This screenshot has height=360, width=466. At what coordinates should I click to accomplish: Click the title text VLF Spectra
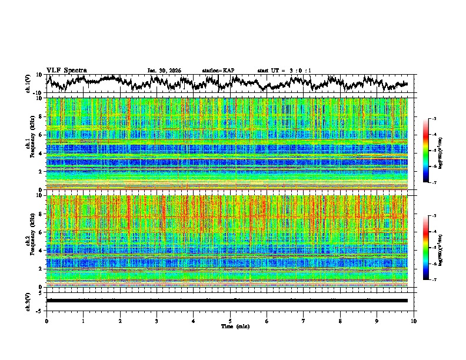pyautogui.click(x=66, y=71)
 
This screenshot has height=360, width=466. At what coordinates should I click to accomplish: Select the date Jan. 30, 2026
pyautogui.click(x=164, y=71)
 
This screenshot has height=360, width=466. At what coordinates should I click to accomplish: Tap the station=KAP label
pyautogui.click(x=218, y=71)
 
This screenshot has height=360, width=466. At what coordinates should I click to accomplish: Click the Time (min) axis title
pyautogui.click(x=235, y=326)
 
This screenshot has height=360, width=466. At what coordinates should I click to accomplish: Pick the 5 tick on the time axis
pyautogui.click(x=230, y=321)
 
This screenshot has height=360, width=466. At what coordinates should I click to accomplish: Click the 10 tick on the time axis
pyautogui.click(x=414, y=321)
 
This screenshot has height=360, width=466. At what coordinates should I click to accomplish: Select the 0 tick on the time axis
pyautogui.click(x=46, y=321)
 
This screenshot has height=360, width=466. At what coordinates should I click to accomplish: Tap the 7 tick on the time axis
pyautogui.click(x=304, y=321)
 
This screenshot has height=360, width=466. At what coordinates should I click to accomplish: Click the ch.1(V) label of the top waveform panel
pyautogui.click(x=28, y=84)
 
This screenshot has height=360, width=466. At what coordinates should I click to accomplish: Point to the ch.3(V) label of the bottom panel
pyautogui.click(x=28, y=301)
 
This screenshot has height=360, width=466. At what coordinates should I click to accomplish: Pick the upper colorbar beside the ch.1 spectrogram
pyautogui.click(x=431, y=151)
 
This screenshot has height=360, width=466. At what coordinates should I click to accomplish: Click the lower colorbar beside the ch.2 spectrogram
pyautogui.click(x=431, y=248)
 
